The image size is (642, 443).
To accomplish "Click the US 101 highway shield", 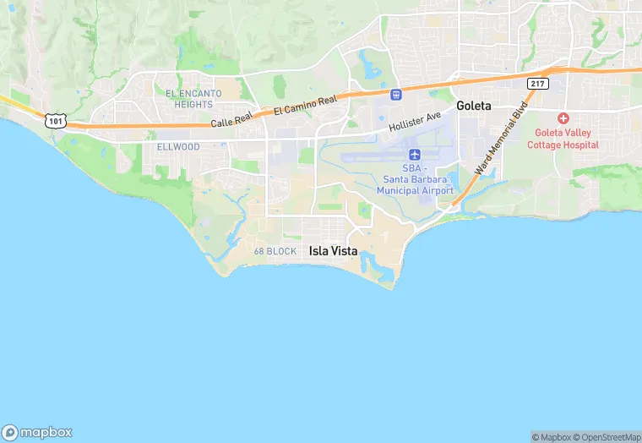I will pos(56,122).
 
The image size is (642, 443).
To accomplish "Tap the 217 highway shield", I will pos(537,83).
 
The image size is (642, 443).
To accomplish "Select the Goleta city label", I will pos(473,107).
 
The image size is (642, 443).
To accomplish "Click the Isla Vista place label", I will pos(333,251).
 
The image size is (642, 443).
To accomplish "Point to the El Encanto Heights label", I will pos(193,98).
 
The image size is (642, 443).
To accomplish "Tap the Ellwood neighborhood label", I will pos(178,147).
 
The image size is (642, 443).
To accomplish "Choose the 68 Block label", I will pos(275,252).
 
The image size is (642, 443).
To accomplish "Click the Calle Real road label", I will pos(231,123).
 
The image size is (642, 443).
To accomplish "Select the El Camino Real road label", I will pos(305,105).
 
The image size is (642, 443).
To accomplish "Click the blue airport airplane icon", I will pos(415,155).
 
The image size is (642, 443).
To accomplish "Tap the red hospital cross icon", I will pos(563,118).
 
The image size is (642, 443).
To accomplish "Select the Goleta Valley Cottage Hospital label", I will pos(563,139).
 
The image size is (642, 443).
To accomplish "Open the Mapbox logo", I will pos(37,432).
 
